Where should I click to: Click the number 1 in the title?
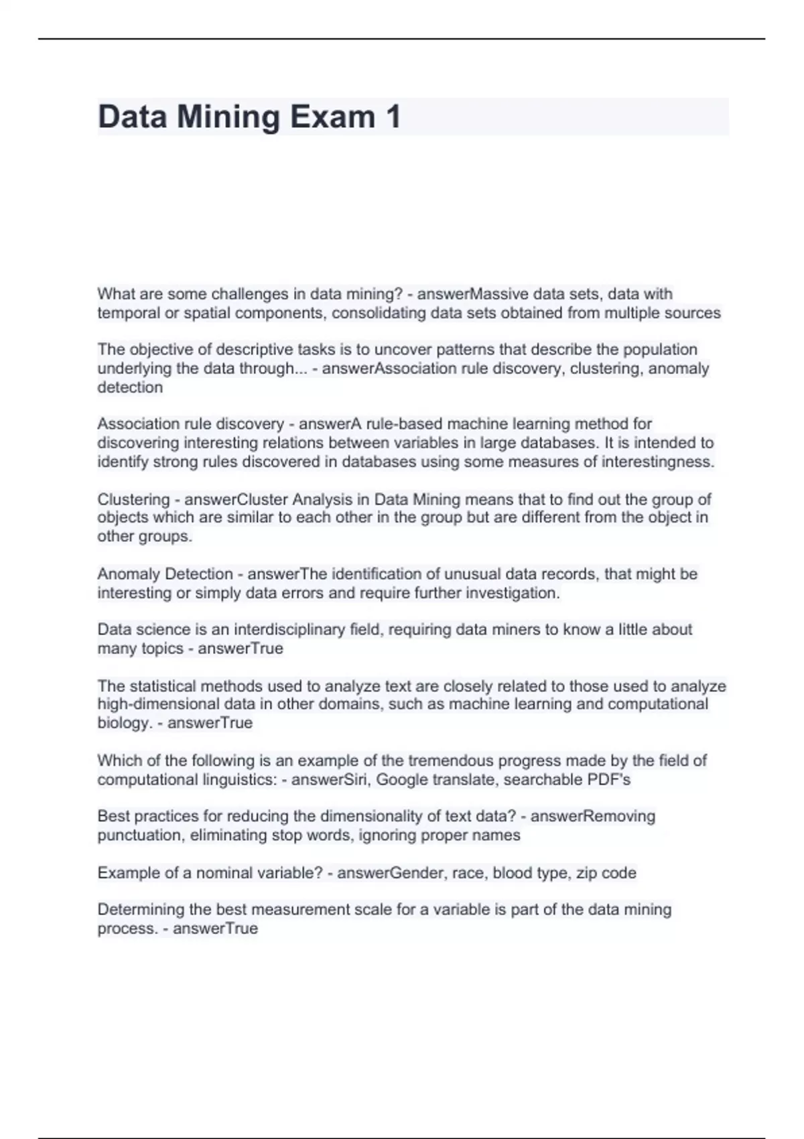click(x=393, y=117)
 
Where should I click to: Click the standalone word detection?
click(x=130, y=387)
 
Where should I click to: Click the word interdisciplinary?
click(x=289, y=630)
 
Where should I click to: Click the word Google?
click(x=403, y=780)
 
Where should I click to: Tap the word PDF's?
click(x=608, y=780)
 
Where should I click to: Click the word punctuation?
click(x=139, y=835)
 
